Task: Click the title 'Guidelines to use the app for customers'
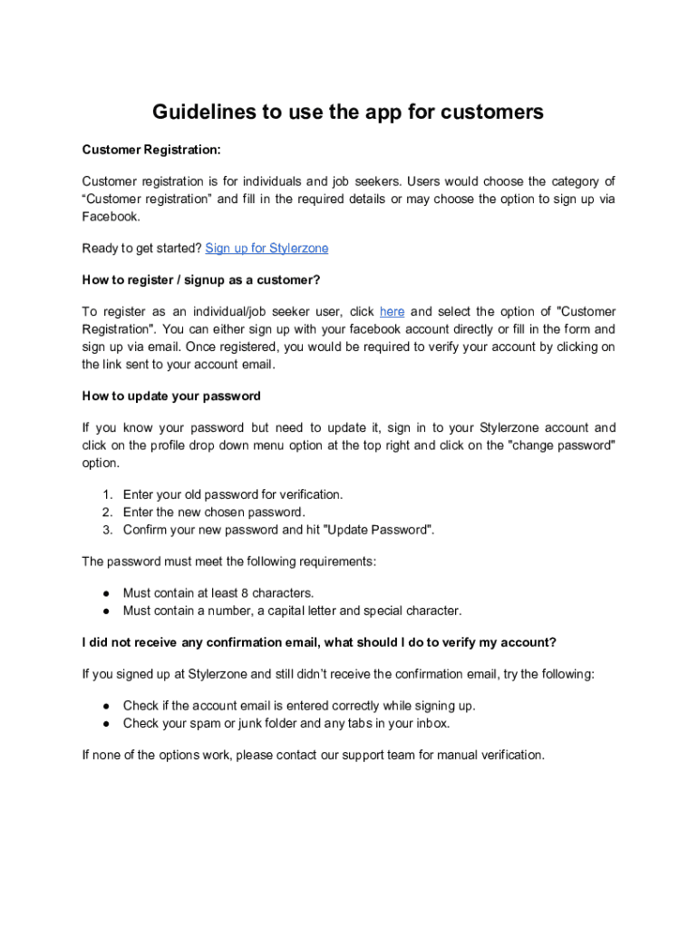pos(348,112)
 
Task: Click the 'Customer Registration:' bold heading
pos(151,149)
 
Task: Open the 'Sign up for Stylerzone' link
pos(267,248)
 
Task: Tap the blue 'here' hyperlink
pos(392,311)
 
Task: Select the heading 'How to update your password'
pos(171,396)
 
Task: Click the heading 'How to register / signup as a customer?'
pos(201,279)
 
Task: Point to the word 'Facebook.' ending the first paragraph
pos(111,217)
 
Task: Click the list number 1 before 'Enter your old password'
pos(106,494)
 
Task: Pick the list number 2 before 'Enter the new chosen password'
pos(106,512)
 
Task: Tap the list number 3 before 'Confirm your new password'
pos(106,530)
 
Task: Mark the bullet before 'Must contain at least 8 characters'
pos(106,593)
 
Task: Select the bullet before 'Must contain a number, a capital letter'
pos(106,611)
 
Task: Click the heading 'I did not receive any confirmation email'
pos(319,642)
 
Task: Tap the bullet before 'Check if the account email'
pos(106,706)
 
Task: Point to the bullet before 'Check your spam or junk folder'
pos(106,724)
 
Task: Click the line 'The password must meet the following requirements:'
pos(228,562)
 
